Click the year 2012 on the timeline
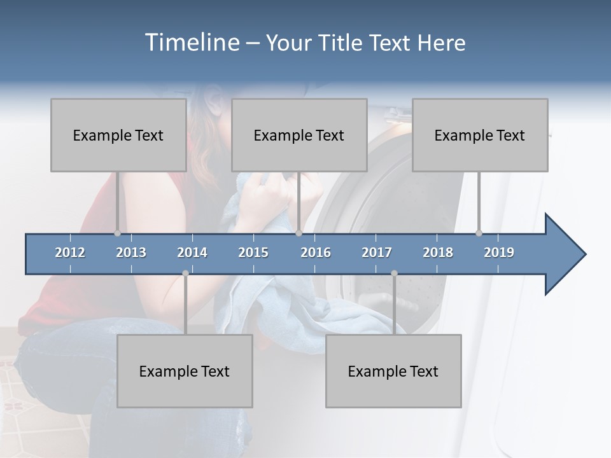(x=70, y=253)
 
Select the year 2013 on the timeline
(x=131, y=253)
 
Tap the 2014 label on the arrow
(x=192, y=253)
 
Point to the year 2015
(x=253, y=253)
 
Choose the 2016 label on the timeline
(x=316, y=253)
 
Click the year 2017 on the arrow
(x=377, y=253)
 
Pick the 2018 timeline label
(x=438, y=253)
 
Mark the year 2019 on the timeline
(x=499, y=253)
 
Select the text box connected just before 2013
(x=118, y=135)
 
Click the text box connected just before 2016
(x=299, y=135)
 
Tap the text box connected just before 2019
(x=480, y=135)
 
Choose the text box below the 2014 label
(x=185, y=371)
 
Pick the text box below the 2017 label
(x=393, y=371)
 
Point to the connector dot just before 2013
(x=117, y=233)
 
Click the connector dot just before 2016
(x=298, y=233)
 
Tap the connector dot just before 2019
(x=479, y=233)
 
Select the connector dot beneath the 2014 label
(x=185, y=273)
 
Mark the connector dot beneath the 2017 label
(x=394, y=273)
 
